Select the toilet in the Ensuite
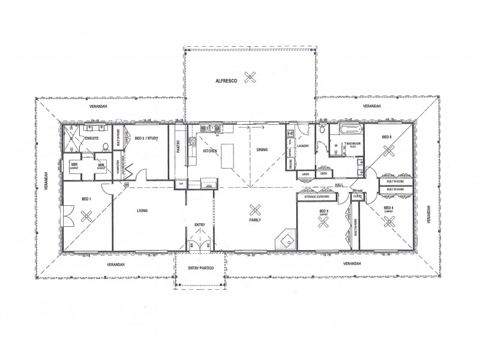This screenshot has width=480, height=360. pyautogui.click(x=104, y=145)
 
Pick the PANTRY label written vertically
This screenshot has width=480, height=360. pyautogui.click(x=179, y=148)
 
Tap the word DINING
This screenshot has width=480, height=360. pyautogui.click(x=262, y=149)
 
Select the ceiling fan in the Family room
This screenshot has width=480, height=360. pyautogui.click(x=255, y=210)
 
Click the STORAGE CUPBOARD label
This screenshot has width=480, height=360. pyautogui.click(x=319, y=196)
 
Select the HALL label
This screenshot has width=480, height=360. pyautogui.click(x=338, y=185)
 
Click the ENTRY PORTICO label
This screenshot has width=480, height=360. pyautogui.click(x=200, y=268)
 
